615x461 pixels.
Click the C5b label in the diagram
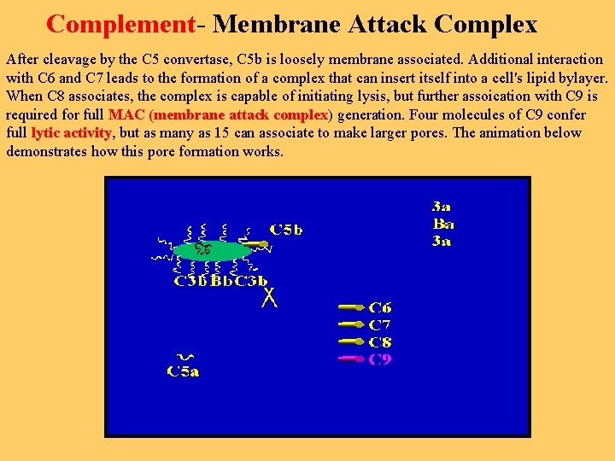click(x=286, y=229)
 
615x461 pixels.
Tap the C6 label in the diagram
click(x=381, y=306)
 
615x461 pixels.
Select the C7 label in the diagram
click(x=380, y=324)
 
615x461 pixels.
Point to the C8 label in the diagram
click(x=380, y=341)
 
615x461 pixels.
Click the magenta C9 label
click(x=381, y=359)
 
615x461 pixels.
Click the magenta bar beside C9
click(x=351, y=359)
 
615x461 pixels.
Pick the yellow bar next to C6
click(x=351, y=306)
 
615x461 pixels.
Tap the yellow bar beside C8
click(x=351, y=341)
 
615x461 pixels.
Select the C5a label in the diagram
click(x=183, y=371)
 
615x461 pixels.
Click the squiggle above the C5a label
click(x=184, y=357)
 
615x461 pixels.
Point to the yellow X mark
click(x=270, y=297)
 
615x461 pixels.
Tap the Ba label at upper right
click(x=443, y=224)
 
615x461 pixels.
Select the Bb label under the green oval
click(x=221, y=280)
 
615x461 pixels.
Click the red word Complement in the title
click(x=120, y=24)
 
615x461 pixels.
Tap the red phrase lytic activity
click(x=71, y=132)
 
